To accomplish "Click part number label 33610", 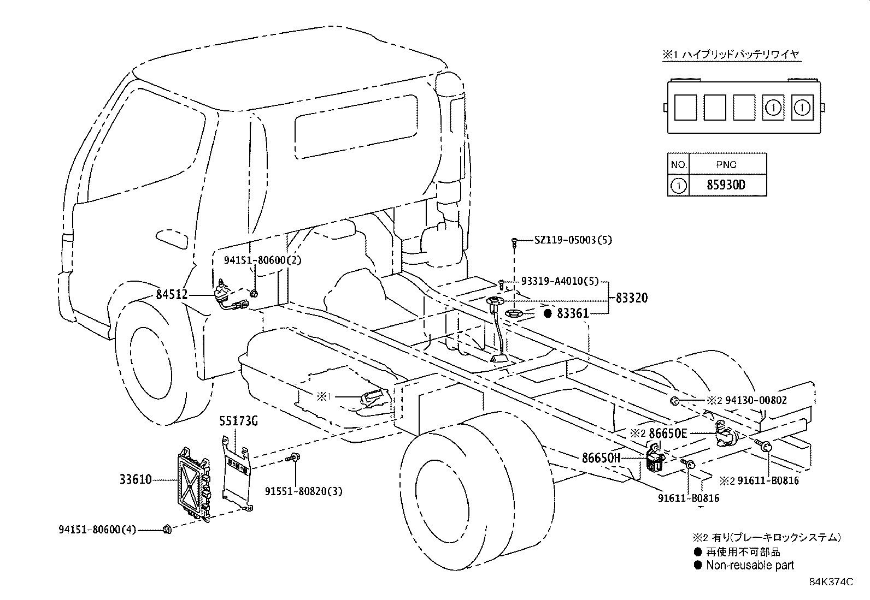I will pos(136,480).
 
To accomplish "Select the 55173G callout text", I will pos(238,421).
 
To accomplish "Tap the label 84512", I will pos(172,295).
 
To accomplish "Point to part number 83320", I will pos(631,298).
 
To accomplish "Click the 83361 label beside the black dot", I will pos(573,313).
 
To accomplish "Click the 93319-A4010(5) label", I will pos(560,282).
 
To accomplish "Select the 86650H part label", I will pos(601,458).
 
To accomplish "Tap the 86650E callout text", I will pos(668,434).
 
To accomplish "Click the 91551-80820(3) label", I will pos(304,491).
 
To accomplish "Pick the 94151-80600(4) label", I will pos(97,529).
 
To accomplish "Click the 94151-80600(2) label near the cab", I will pos(262,260).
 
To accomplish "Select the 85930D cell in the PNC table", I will pos(726,185).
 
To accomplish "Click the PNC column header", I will pos(726,164).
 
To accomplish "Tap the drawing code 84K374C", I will pos(831,582).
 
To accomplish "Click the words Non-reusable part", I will pos(750,566).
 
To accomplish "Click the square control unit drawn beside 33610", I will pos(193,483).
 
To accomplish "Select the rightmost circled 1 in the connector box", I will pos(802,108).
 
